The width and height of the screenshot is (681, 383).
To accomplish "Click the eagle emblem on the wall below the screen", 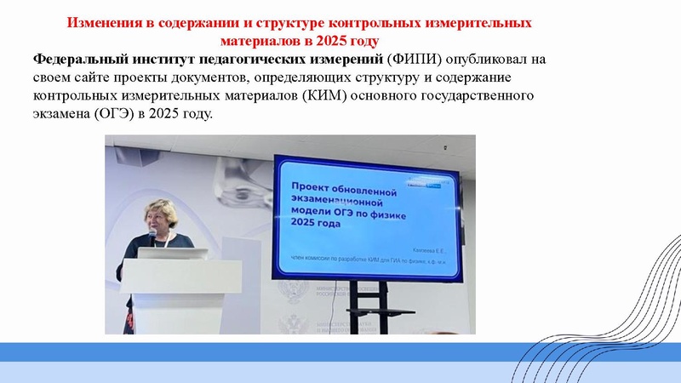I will click(x=297, y=299).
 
